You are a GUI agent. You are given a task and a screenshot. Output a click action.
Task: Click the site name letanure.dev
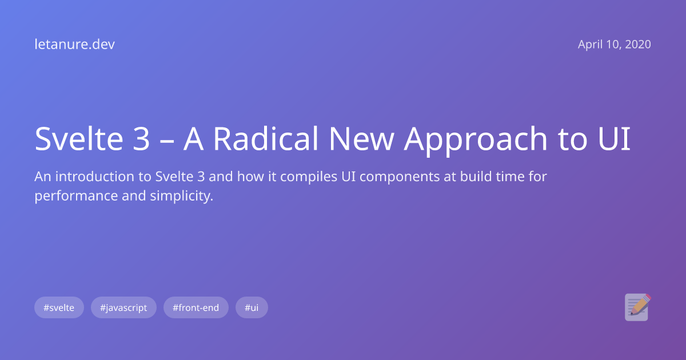[74, 45]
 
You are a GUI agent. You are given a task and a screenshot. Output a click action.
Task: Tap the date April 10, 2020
[614, 45]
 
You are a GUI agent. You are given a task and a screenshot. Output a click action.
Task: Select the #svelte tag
[59, 307]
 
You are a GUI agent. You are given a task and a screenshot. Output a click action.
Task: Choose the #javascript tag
[123, 307]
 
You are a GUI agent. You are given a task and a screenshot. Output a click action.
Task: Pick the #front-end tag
[196, 307]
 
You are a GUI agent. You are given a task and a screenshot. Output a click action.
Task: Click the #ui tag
[252, 307]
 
